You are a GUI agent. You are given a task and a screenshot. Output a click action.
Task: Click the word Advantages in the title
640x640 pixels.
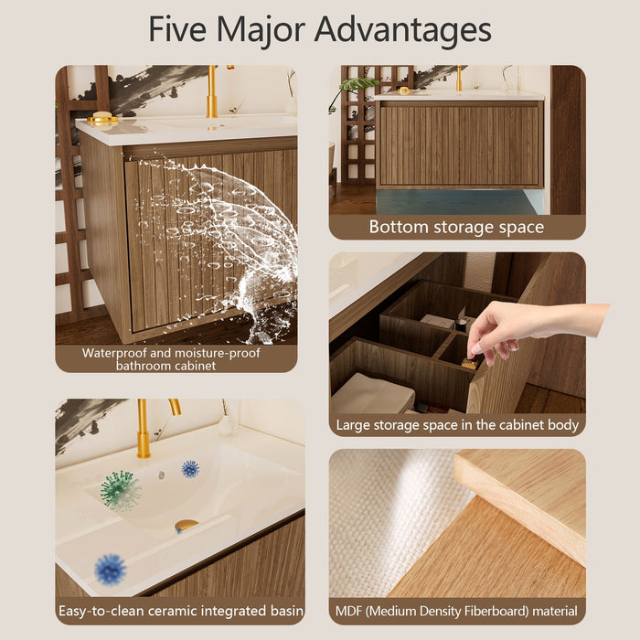[x=402, y=29]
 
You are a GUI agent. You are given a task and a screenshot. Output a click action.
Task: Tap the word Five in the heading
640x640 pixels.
[x=177, y=28]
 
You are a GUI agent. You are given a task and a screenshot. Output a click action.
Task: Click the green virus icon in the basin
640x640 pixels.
[x=121, y=491]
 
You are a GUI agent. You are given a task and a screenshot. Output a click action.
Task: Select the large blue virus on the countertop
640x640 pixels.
[x=111, y=570]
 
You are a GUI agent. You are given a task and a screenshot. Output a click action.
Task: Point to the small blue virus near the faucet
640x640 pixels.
[x=190, y=469]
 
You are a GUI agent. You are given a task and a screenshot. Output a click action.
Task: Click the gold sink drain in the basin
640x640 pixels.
[x=187, y=526]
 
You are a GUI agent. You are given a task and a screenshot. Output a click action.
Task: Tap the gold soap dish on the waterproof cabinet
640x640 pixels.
[x=102, y=118]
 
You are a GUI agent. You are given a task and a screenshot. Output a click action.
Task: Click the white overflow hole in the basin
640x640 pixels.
[x=162, y=475]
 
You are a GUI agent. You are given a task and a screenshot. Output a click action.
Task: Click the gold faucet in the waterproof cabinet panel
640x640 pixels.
[x=213, y=91]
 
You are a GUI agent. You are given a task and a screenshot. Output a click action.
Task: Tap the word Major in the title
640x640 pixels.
[x=261, y=30]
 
